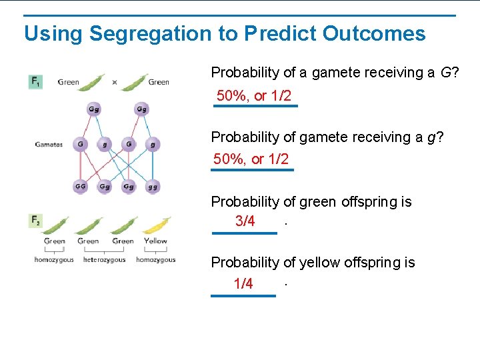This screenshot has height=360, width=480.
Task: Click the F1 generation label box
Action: (x=35, y=81)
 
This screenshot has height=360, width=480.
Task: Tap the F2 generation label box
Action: (x=35, y=220)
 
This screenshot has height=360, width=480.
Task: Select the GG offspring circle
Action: (x=80, y=187)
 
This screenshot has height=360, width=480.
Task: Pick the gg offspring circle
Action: (x=153, y=187)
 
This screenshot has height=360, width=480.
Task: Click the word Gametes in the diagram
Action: (x=49, y=144)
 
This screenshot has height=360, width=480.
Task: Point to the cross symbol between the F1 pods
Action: (x=115, y=83)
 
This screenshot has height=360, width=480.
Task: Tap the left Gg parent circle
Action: (x=95, y=109)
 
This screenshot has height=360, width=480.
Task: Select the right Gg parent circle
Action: (x=141, y=109)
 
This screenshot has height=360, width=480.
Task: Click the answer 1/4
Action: (x=243, y=285)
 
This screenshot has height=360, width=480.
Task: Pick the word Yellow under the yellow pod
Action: (x=155, y=241)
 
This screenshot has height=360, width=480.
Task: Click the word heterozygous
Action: (x=104, y=260)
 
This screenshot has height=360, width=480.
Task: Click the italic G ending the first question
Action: (x=445, y=73)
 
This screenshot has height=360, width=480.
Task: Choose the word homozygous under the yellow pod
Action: (x=155, y=260)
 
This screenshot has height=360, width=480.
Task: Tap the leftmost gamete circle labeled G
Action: (x=80, y=144)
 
